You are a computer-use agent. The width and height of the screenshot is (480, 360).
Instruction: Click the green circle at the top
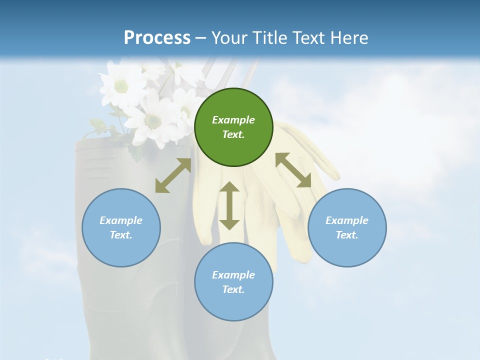233,127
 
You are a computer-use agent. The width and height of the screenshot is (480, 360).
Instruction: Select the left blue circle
121,227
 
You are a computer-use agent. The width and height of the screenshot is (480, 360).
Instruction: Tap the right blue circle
347,227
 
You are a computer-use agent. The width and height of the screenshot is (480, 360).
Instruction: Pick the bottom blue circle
233,282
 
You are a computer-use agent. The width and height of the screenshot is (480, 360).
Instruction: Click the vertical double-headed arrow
229,205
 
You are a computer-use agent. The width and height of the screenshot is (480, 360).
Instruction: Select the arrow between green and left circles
173,175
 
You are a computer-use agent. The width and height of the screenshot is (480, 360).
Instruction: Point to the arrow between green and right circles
293,170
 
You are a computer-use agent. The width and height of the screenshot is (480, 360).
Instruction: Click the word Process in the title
157,38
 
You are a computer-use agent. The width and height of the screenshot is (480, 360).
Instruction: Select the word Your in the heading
229,38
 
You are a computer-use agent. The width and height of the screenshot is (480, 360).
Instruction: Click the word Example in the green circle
233,120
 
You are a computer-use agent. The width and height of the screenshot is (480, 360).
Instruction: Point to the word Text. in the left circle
121,235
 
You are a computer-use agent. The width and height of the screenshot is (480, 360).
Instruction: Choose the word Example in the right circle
347,220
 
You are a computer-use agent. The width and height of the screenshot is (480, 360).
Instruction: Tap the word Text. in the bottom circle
233,289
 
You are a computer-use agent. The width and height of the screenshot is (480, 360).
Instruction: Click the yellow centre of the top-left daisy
121,86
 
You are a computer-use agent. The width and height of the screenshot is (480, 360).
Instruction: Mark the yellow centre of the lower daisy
153,121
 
